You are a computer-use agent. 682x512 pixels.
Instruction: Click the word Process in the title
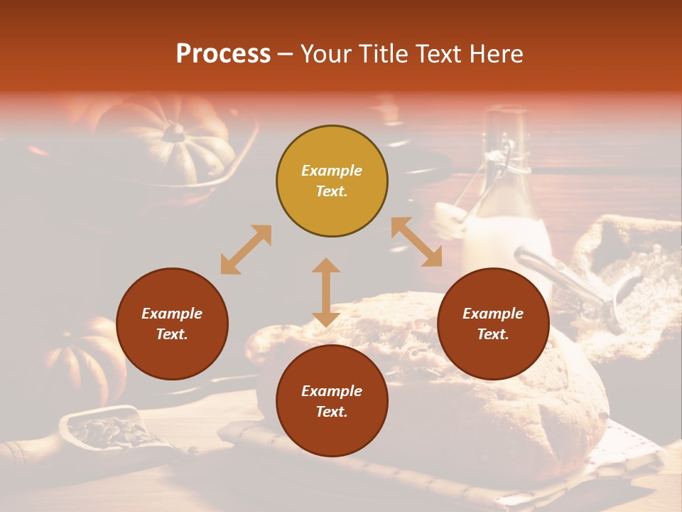tap(223, 54)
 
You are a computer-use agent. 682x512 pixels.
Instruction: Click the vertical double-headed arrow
tap(326, 292)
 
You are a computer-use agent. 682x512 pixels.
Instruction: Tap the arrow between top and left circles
tap(246, 250)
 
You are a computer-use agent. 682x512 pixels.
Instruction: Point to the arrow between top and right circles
tap(416, 242)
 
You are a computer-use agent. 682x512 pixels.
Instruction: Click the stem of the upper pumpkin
tap(173, 132)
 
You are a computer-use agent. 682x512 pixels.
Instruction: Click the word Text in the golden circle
tap(332, 192)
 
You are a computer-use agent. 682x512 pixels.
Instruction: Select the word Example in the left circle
tap(172, 314)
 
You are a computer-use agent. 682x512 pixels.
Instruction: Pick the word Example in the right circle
tap(493, 314)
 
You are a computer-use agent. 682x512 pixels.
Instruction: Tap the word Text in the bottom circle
tap(332, 412)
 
